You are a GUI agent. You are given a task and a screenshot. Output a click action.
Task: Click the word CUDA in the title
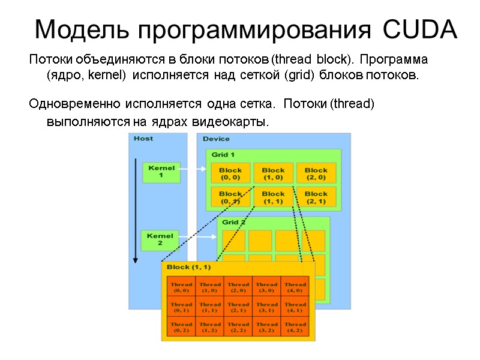click(x=419, y=29)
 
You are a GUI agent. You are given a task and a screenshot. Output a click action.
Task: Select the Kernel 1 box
click(x=161, y=172)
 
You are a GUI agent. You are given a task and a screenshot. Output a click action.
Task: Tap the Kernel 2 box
click(x=160, y=239)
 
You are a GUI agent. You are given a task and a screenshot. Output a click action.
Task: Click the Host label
click(x=143, y=139)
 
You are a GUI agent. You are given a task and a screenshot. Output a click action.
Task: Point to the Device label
click(x=216, y=139)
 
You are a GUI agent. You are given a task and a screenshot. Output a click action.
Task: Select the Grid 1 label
click(x=223, y=154)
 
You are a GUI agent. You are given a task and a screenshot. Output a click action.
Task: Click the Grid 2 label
click(x=234, y=222)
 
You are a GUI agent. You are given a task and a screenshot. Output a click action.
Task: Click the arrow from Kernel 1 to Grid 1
click(x=193, y=170)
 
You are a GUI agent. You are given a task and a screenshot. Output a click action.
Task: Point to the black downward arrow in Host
click(x=136, y=210)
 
